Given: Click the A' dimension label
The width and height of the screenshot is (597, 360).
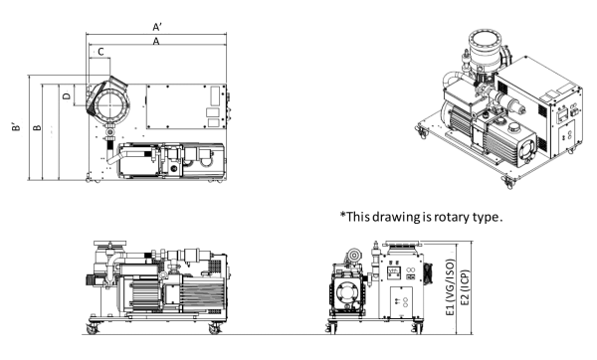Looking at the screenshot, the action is (157, 27).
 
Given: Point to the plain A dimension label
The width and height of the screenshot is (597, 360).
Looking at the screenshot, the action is (156, 41).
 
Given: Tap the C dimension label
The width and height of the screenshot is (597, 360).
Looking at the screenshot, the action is (100, 52).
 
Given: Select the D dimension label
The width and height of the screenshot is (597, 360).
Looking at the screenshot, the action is (67, 95).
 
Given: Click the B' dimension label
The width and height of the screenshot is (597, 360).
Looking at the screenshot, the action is (16, 126).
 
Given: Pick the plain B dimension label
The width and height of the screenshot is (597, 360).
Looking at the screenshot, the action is (37, 127).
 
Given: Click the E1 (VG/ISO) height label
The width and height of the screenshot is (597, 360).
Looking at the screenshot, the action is (450, 287).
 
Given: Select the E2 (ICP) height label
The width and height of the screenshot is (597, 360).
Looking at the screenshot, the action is (465, 287).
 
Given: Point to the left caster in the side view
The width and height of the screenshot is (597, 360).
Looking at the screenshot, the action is (92, 328).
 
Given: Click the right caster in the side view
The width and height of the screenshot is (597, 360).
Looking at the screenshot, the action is (215, 328).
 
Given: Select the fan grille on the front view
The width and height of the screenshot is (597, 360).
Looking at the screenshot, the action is (429, 273).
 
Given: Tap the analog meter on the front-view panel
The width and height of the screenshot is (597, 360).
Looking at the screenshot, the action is (394, 271).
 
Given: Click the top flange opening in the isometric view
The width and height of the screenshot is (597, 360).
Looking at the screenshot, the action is (485, 39).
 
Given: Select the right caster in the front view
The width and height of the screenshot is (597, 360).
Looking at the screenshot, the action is (418, 327).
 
